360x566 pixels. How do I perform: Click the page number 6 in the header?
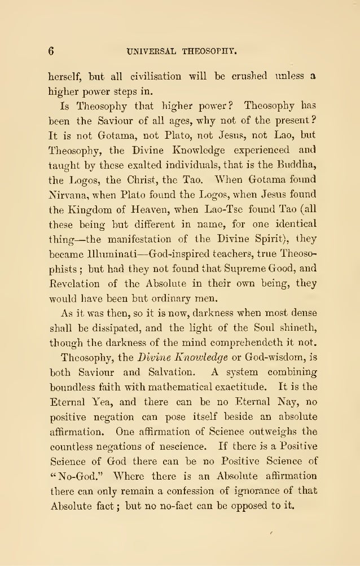pos(50,50)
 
